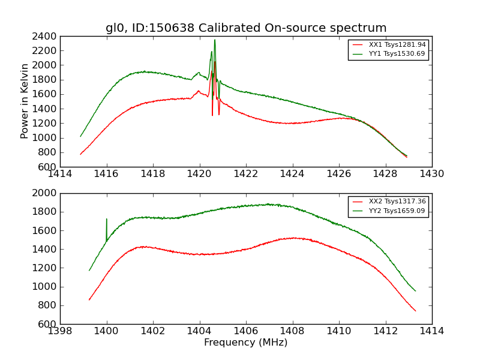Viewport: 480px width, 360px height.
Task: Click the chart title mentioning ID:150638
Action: [x=246, y=28]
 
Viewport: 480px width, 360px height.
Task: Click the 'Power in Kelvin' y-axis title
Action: [x=25, y=101]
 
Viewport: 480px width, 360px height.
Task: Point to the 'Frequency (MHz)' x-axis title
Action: [x=246, y=343]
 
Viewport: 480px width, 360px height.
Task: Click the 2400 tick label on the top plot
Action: [x=45, y=36]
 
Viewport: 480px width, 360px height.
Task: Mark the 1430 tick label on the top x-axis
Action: [x=432, y=174]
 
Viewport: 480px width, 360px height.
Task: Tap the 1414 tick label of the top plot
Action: [x=60, y=174]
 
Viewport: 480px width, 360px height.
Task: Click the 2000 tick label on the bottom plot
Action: [x=45, y=193]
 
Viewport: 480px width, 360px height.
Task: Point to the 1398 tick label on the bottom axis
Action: [x=60, y=331]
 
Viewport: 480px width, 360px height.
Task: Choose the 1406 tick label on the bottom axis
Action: [x=246, y=331]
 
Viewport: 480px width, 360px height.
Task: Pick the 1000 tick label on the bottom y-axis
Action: [x=45, y=287]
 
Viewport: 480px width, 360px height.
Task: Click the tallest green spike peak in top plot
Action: [x=215, y=40]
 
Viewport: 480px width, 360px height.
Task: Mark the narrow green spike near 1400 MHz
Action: [x=107, y=220]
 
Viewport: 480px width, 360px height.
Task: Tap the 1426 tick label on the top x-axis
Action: [x=339, y=174]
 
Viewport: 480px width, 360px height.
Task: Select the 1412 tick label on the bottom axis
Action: [x=385, y=331]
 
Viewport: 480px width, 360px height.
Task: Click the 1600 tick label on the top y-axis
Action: [x=45, y=94]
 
